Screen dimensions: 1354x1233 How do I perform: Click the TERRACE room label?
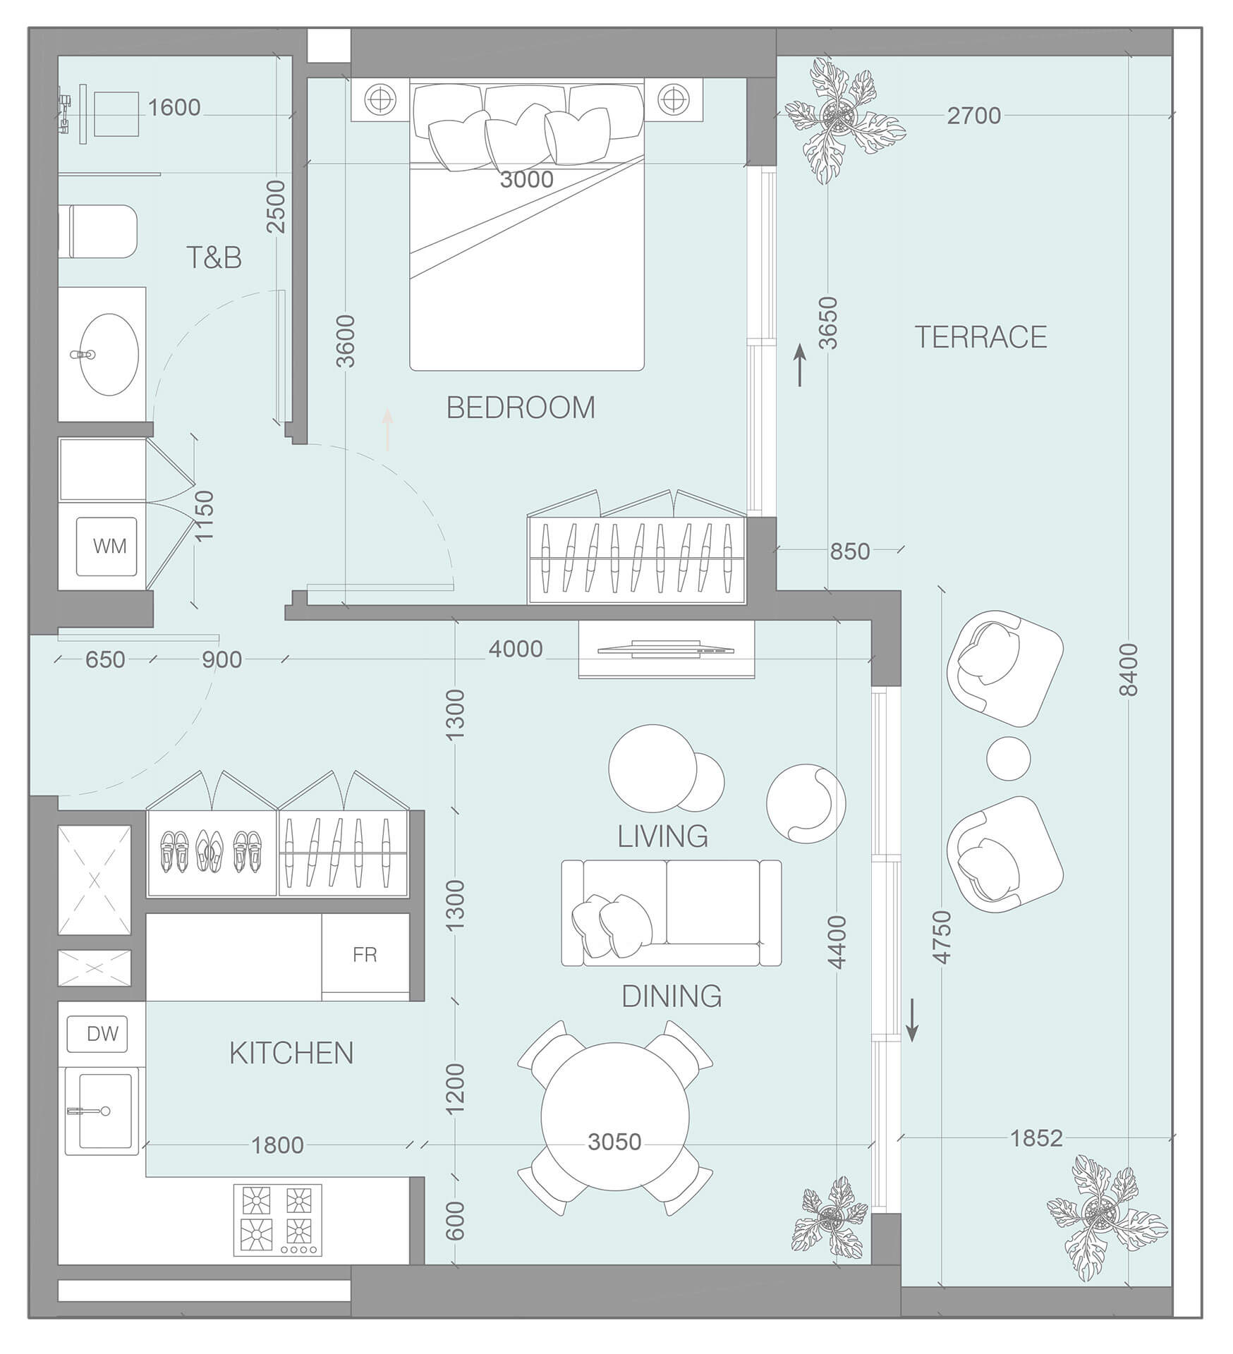(980, 337)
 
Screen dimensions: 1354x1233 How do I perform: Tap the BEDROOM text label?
(521, 408)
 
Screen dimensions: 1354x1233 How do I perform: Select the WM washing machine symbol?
(107, 546)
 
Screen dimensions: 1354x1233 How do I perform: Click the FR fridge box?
(365, 955)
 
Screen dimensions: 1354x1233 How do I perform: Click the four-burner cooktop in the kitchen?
(277, 1219)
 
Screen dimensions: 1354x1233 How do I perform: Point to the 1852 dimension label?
(1035, 1138)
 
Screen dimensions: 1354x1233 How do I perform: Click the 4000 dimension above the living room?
(516, 649)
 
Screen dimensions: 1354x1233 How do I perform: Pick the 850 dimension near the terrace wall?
(849, 551)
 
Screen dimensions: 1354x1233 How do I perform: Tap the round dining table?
(614, 1116)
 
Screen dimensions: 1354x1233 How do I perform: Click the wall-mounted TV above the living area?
(666, 649)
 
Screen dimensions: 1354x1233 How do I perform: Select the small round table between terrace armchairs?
(1008, 759)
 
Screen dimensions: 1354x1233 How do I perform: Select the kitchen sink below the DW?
(102, 1111)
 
